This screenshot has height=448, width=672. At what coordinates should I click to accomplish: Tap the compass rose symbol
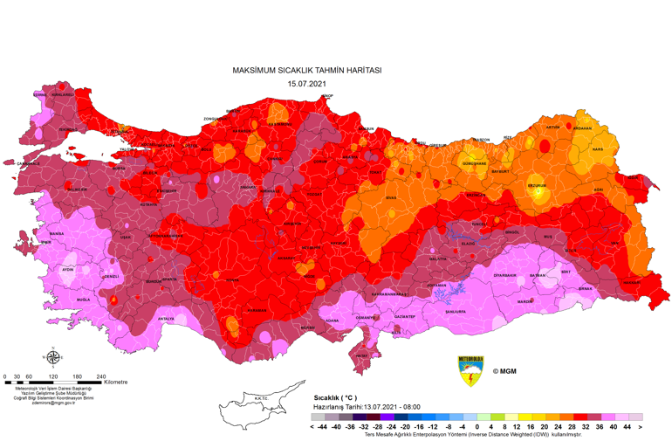click(x=53, y=356)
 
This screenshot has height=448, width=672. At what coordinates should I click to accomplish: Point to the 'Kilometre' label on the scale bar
click(x=115, y=382)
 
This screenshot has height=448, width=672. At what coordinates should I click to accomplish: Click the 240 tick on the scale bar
click(x=101, y=376)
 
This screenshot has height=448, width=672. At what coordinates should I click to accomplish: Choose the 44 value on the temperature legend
click(x=627, y=428)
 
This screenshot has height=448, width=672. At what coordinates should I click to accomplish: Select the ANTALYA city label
click(x=166, y=319)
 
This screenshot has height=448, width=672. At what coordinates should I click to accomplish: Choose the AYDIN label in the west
click(x=68, y=269)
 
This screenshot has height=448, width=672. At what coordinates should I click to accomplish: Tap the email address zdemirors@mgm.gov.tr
click(x=55, y=403)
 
